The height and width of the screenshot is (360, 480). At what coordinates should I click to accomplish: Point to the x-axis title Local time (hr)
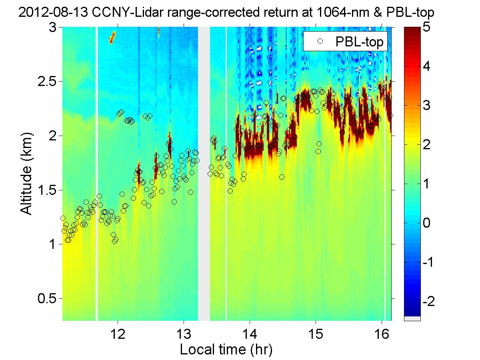click(x=226, y=349)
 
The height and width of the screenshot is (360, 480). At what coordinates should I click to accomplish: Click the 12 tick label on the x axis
click(x=118, y=333)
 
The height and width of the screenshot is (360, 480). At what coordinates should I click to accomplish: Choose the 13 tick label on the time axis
click(x=184, y=333)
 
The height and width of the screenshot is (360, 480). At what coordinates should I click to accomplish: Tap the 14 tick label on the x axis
click(x=250, y=333)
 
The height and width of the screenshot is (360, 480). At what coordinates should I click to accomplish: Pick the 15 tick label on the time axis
click(x=316, y=333)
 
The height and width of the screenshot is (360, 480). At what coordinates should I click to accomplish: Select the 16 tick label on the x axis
click(x=382, y=333)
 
